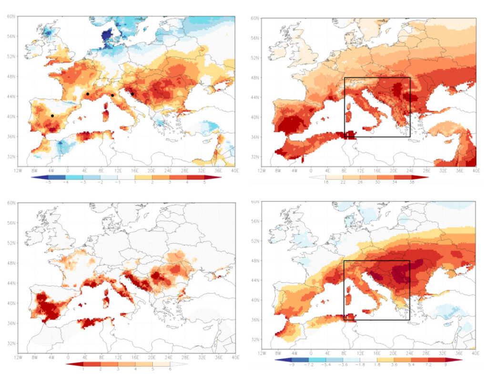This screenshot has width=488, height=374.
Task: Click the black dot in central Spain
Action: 52,116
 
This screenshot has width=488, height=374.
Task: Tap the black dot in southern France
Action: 88,94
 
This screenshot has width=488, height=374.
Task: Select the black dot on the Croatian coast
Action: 132,93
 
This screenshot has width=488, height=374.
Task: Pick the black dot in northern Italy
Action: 112,95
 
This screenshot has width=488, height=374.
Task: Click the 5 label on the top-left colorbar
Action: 205,182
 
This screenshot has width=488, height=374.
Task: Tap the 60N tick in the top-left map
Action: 12,16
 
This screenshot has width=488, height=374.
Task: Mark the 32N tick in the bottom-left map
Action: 12,343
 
